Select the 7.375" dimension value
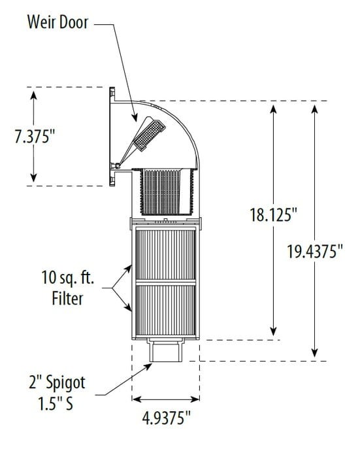click(x=31, y=139)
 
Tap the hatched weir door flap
click(x=146, y=133)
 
